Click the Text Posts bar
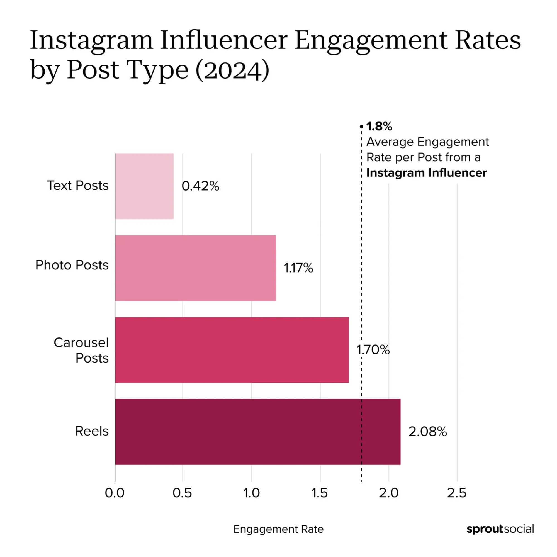144,186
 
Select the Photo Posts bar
196,268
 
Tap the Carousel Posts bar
232,350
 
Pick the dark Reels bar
257,432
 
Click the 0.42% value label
200,186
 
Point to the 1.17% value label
298,268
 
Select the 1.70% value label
373,350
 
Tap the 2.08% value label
427,432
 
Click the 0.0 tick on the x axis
115,493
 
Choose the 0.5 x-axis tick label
182,493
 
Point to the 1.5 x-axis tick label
319,493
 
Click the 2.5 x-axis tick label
457,493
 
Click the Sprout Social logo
500,529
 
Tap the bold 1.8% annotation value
379,126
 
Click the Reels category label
92,431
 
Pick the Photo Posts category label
72,265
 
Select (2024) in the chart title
232,70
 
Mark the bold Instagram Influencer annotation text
426,173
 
